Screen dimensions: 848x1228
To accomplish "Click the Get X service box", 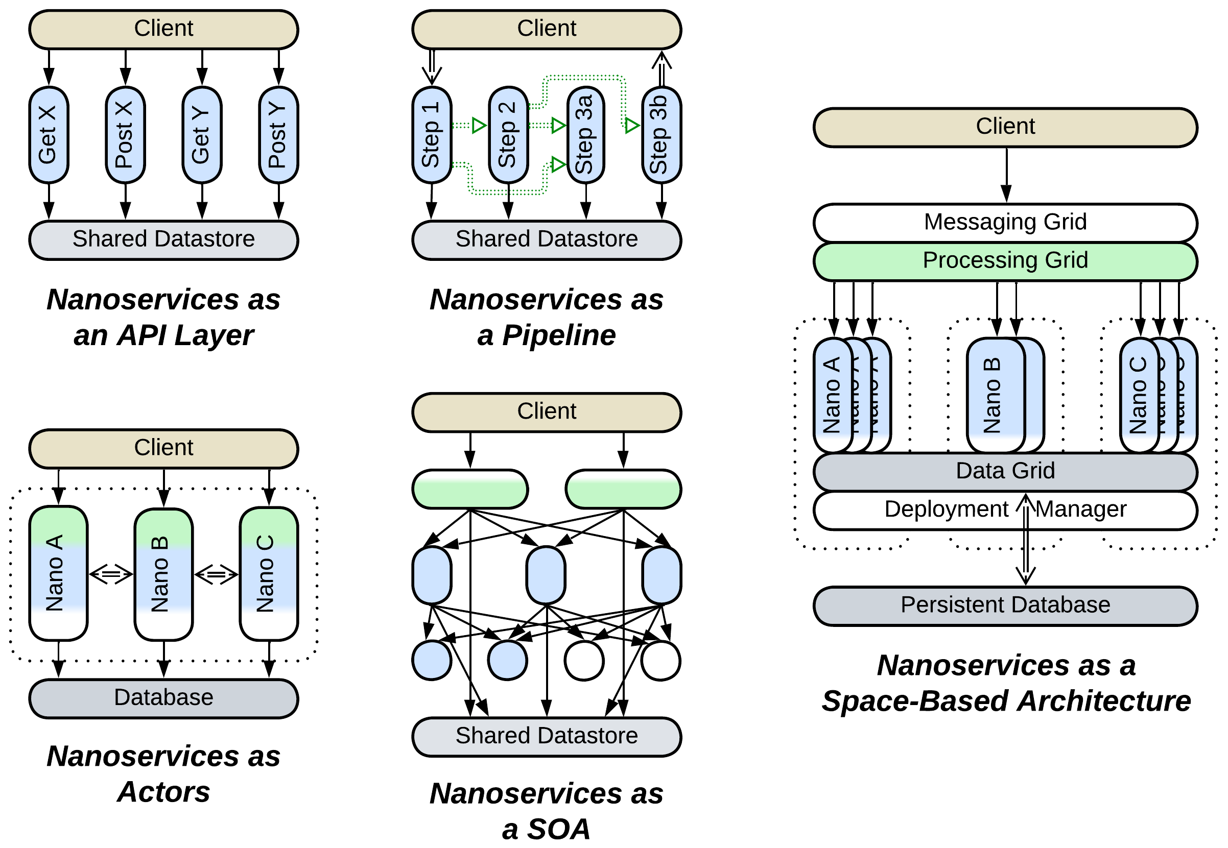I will pyautogui.click(x=49, y=135).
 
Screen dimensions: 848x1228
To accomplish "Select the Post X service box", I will pyautogui.click(x=126, y=135).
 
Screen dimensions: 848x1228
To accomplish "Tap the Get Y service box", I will pyautogui.click(x=202, y=135).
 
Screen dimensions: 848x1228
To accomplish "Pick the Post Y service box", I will pyautogui.click(x=278, y=135).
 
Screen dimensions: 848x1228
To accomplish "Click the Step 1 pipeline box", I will pyautogui.click(x=432, y=135).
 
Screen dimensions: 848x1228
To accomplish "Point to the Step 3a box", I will pyautogui.click(x=585, y=135).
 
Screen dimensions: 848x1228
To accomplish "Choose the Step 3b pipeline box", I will pyautogui.click(x=662, y=135).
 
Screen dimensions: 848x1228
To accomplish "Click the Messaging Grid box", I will pyautogui.click(x=1005, y=222).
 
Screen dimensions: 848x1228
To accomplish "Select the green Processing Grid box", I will pyautogui.click(x=1005, y=261).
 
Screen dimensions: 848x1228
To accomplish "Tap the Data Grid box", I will pyautogui.click(x=1005, y=471).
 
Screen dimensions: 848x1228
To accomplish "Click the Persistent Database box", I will pyautogui.click(x=1005, y=605).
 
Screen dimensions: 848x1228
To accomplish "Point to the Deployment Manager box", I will pyautogui.click(x=946, y=510).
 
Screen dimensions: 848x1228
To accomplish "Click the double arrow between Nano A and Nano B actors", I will pyautogui.click(x=110, y=574).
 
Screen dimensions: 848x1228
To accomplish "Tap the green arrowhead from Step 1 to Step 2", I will pyautogui.click(x=479, y=126).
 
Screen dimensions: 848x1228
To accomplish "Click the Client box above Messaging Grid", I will pyautogui.click(x=1005, y=127).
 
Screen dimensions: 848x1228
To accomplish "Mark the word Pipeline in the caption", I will pyautogui.click(x=558, y=335).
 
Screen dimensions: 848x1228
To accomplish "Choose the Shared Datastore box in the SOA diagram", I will pyautogui.click(x=546, y=736).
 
